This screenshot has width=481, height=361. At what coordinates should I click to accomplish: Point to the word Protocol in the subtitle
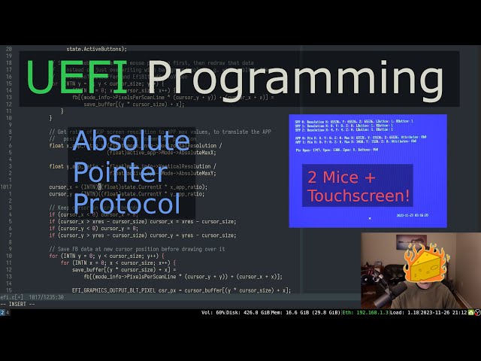tap(127, 204)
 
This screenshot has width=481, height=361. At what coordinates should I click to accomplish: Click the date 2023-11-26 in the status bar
tap(426, 311)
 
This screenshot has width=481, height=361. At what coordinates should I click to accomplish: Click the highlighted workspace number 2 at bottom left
tap(2, 311)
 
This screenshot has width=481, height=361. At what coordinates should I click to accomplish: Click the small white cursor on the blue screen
tap(369, 218)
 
